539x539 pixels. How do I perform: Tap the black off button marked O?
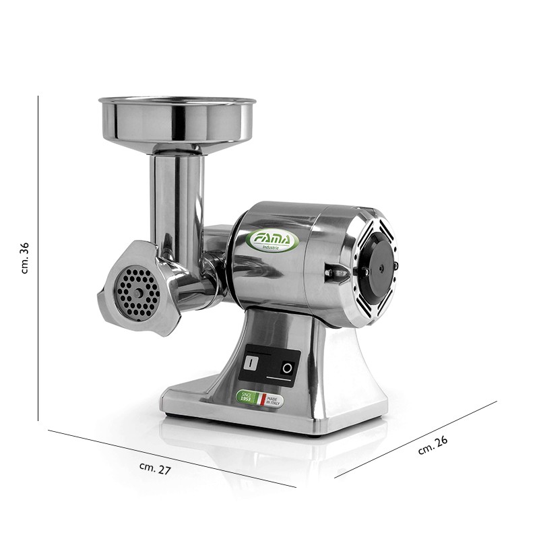(x=288, y=369)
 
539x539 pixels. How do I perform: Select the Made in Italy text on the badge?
(x=274, y=401)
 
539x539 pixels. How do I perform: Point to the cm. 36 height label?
(x=26, y=257)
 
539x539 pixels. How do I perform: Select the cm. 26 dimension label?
(x=433, y=445)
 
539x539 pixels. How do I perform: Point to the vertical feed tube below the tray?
(x=175, y=195)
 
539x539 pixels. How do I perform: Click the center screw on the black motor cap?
(x=381, y=267)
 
